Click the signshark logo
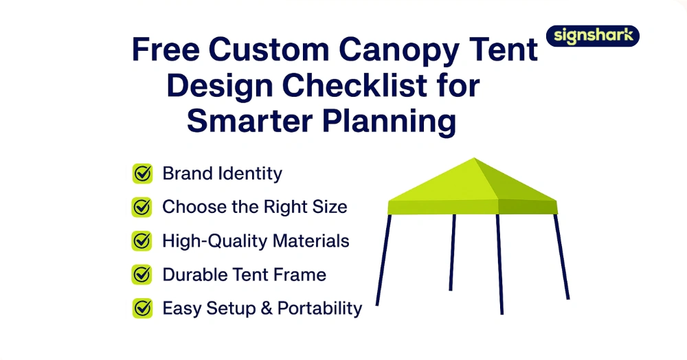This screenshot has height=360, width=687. (592, 36)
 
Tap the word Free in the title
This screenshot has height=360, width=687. (165, 49)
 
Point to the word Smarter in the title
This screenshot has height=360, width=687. (249, 121)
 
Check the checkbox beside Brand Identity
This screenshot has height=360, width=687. (142, 173)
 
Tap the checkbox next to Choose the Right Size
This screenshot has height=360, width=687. (142, 207)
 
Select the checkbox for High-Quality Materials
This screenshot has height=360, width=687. (142, 241)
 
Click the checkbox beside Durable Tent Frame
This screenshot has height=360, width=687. (142, 275)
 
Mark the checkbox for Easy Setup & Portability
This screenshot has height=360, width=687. (142, 308)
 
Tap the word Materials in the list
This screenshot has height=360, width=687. (311, 241)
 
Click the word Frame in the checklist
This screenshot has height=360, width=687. (300, 275)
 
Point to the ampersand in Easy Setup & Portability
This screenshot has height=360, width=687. (267, 308)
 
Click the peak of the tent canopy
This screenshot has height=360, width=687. (474, 158)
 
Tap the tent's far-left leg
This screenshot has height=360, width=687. (383, 260)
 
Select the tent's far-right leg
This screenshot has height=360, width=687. (562, 257)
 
